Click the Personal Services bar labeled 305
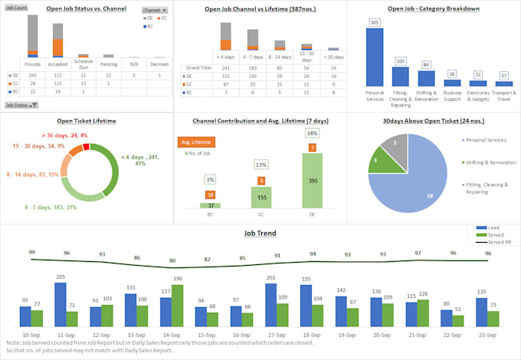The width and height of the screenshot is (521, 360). [374, 57]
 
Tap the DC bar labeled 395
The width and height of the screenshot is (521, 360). [312, 180]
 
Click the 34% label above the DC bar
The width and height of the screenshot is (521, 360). [312, 133]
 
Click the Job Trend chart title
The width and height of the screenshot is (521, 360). [260, 233]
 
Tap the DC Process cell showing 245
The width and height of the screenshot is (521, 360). [32, 74]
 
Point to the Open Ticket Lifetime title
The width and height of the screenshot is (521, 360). [86, 120]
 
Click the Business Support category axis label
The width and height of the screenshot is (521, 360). [452, 94]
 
